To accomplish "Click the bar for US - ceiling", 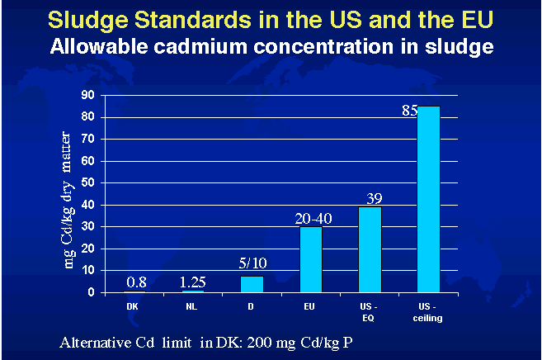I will [x=428, y=199].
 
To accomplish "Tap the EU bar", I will [x=310, y=259].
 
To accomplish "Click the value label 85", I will [x=409, y=111].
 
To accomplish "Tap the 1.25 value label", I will [x=193, y=282].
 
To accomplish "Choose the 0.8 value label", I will [x=136, y=283].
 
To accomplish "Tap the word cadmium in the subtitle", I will [x=192, y=46].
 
